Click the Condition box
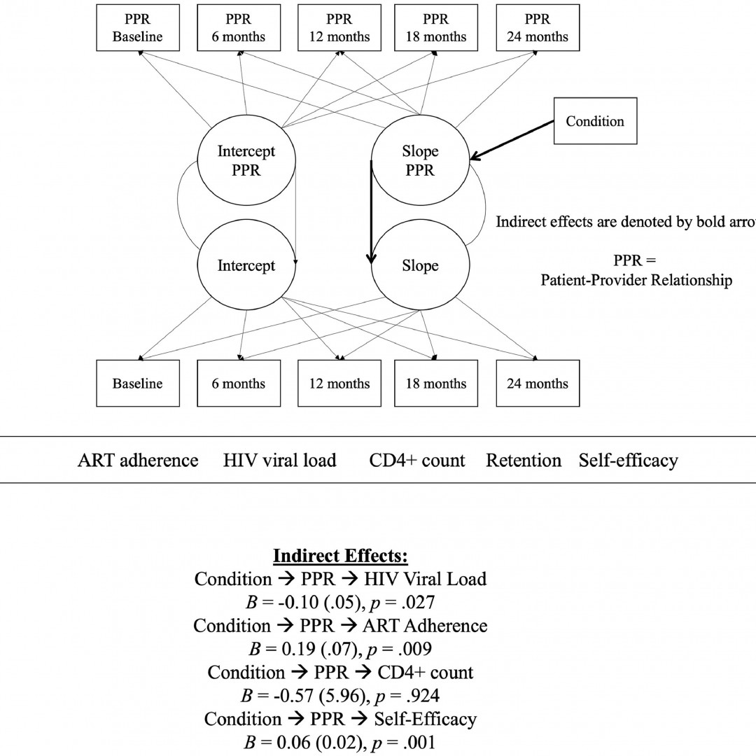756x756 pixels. tap(594, 121)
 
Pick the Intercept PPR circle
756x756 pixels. tap(246, 161)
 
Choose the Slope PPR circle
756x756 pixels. tap(419, 161)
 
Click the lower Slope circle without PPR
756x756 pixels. tap(419, 266)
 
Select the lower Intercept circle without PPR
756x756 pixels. tap(246, 266)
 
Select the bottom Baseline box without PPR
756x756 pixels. tap(137, 384)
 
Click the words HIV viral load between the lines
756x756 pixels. tap(280, 461)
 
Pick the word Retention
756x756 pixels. tap(524, 461)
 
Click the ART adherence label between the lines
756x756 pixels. tap(138, 461)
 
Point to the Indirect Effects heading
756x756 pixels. tap(340, 556)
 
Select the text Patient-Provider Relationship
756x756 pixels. tap(636, 281)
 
